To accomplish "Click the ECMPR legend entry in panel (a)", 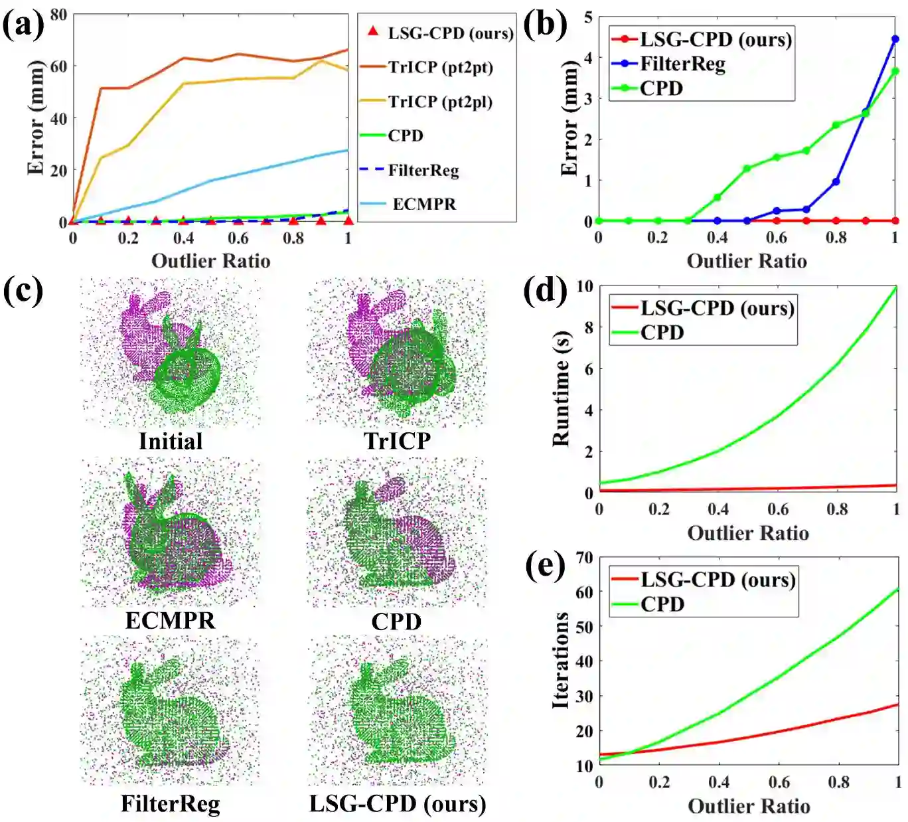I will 423,204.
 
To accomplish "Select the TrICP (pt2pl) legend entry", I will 439,102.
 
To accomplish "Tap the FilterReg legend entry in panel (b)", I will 682,64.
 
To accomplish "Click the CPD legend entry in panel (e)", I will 662,604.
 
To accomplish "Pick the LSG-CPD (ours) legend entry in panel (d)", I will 717,308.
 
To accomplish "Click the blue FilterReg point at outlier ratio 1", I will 895,39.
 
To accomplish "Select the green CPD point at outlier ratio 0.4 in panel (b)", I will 717,197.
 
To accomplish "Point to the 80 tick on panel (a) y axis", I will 58,14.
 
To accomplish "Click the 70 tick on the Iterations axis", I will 584,557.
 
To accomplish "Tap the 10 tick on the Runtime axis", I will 584,286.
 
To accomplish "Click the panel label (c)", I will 23,291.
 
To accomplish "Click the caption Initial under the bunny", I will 171,441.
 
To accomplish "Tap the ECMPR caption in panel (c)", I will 170,620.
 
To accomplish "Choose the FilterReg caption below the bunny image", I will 170,803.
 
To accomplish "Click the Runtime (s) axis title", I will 561,388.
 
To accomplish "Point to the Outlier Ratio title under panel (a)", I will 210,260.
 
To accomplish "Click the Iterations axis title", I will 561,660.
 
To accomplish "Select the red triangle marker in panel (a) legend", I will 373,31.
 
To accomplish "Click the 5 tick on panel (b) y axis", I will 588,17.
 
